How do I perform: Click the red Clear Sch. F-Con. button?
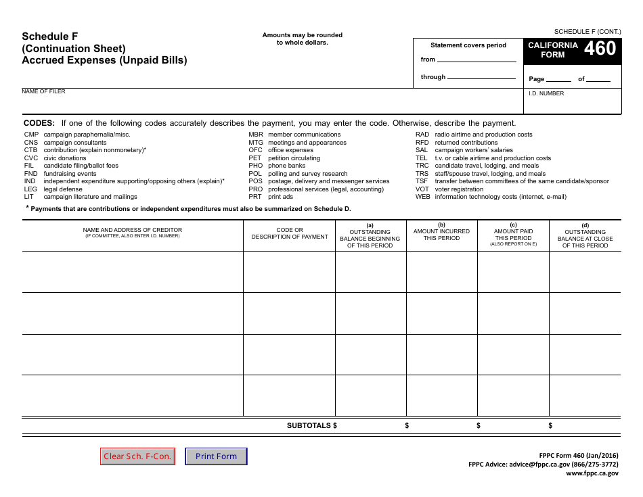pos(137,456)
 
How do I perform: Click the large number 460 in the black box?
pos(600,49)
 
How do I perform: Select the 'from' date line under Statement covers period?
pos(476,60)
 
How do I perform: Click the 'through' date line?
pos(481,78)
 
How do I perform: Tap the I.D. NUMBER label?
pos(546,93)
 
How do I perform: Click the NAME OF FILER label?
pos(43,91)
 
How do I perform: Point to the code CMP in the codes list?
pos(31,135)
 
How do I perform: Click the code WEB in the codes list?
pos(422,197)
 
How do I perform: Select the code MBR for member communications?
pos(255,135)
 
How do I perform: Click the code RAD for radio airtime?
pos(422,135)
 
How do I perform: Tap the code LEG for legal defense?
pos(30,189)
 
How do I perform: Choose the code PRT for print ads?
pos(255,197)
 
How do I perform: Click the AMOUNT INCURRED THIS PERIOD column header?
pos(441,234)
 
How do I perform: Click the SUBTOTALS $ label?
pos(311,425)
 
